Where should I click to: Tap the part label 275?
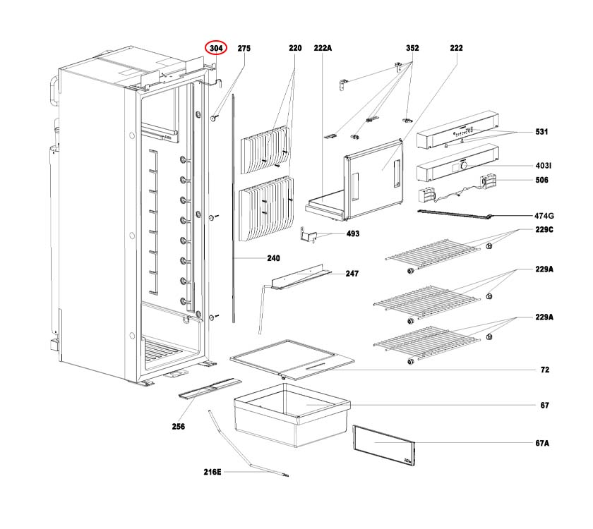click(x=244, y=48)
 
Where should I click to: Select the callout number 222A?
click(x=323, y=48)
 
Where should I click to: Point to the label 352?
click(x=412, y=48)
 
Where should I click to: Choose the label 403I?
click(x=543, y=166)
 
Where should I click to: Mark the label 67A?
click(x=542, y=444)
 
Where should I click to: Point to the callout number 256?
click(x=178, y=426)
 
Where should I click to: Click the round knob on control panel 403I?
click(x=464, y=166)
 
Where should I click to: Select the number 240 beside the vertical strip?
click(x=273, y=259)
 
